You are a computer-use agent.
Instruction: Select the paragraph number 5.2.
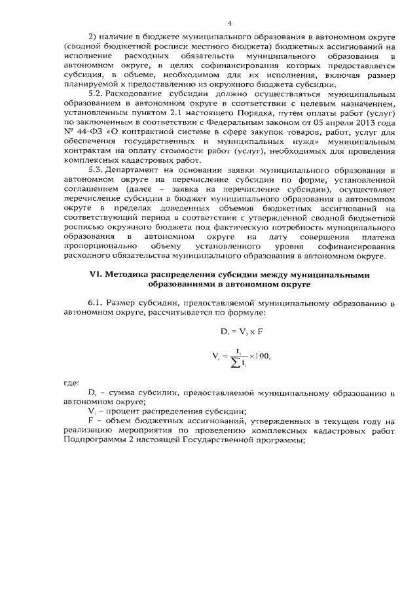tap(96, 94)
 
